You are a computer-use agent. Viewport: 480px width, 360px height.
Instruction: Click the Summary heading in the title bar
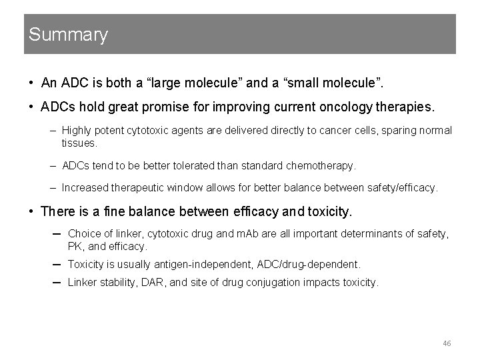click(68, 35)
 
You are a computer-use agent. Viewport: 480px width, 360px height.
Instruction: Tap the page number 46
click(447, 343)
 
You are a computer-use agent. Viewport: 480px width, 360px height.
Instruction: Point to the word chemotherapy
click(323, 165)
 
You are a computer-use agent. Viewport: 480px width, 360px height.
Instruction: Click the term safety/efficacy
click(401, 188)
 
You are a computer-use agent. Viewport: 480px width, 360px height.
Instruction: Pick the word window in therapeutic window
click(185, 188)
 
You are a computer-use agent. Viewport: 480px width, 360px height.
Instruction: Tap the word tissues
click(79, 143)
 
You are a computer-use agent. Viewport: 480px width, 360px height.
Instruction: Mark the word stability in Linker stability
click(117, 282)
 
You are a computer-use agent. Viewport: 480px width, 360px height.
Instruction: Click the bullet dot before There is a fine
click(31, 211)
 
